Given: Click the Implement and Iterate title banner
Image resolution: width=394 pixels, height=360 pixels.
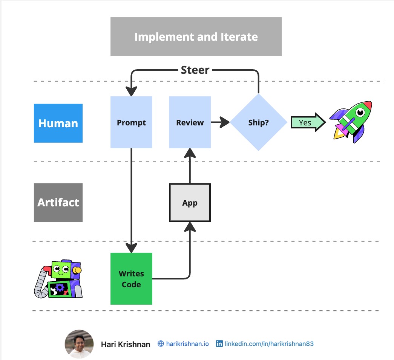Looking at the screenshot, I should click(196, 37).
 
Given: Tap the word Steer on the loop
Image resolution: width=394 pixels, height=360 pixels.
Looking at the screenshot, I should click(195, 70).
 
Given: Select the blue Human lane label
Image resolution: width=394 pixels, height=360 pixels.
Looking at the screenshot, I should click(58, 123).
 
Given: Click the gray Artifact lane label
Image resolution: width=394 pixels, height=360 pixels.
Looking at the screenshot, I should click(58, 202).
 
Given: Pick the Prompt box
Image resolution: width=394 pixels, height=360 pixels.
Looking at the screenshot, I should click(131, 122).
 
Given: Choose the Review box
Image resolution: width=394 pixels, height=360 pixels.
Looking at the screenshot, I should click(190, 122).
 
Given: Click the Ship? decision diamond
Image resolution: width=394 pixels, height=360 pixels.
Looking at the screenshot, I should click(258, 122).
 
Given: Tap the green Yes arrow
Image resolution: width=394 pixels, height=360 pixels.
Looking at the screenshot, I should click(308, 122).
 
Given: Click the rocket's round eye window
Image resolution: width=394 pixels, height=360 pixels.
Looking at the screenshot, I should click(360, 112).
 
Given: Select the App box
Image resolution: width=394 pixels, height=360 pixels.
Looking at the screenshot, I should click(190, 203).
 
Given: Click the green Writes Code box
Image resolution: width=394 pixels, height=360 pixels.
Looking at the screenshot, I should click(131, 279).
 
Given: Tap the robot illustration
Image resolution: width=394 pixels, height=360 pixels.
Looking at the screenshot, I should click(59, 279).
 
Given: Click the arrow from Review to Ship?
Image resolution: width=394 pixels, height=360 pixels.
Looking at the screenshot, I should click(221, 122).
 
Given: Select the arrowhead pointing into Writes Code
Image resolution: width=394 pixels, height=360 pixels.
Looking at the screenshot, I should click(131, 247).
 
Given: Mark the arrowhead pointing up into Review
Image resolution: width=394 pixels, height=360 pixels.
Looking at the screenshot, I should click(190, 153).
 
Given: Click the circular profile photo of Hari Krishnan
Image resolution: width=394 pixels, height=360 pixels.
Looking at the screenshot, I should click(79, 344).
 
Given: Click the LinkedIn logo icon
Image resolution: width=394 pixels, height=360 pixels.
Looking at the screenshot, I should click(219, 344).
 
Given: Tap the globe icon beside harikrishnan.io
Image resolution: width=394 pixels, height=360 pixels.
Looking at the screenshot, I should click(161, 344).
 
